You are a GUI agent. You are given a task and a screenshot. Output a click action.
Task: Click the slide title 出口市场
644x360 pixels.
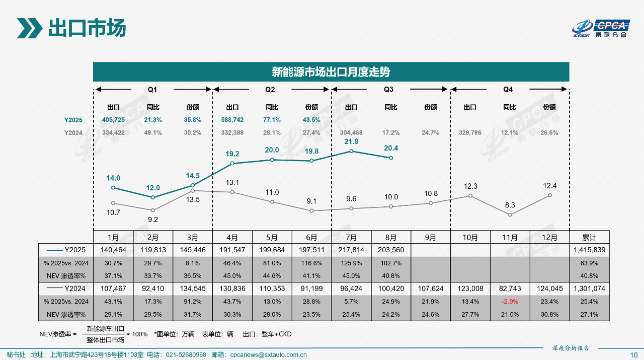point(87,28)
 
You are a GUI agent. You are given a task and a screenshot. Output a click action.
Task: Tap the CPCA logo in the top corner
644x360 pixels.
point(602,28)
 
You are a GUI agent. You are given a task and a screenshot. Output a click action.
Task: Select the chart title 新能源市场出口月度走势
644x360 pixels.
point(331,72)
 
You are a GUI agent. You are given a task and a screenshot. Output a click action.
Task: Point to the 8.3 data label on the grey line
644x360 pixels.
point(510,205)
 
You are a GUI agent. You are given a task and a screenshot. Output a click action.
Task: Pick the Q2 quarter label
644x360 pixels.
point(270,90)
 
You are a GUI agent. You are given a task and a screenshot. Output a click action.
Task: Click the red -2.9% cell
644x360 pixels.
point(510,302)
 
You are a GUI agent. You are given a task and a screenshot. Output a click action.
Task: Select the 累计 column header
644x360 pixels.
point(589,237)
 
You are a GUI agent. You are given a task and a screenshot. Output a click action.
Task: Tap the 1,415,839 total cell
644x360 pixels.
point(589,250)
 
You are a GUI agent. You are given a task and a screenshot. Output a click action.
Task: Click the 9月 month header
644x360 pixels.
point(431,237)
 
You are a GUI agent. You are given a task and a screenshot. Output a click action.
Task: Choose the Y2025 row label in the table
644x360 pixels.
point(73,250)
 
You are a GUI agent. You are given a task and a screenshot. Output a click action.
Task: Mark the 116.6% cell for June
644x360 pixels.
point(311,263)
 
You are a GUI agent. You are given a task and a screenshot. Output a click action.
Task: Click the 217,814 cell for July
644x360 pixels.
point(351,250)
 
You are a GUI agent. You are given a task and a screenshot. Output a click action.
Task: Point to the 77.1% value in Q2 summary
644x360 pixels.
point(272,120)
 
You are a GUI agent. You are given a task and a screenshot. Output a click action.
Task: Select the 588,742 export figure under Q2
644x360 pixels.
point(232,120)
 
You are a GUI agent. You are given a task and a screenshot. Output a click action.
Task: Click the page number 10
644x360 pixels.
point(633,355)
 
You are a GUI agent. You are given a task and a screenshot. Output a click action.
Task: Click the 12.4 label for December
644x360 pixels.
point(549,186)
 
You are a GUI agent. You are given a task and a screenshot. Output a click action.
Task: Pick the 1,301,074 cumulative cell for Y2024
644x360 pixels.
point(589,289)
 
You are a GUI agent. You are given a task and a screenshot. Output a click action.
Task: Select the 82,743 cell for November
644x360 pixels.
point(510,289)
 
